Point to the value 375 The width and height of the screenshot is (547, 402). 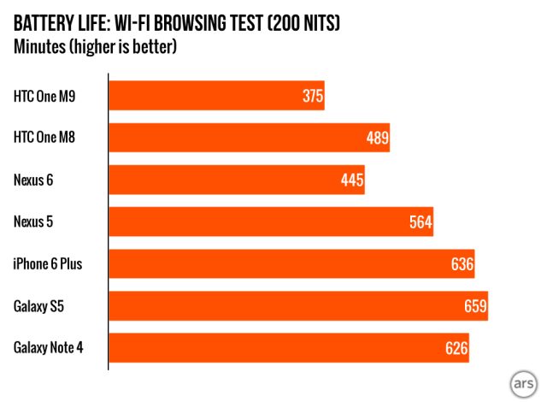click(x=313, y=96)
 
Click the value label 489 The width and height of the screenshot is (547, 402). click(x=378, y=138)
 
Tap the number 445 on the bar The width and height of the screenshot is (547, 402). click(x=352, y=180)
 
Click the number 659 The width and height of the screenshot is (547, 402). click(x=475, y=305)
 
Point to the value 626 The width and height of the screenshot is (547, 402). click(x=456, y=347)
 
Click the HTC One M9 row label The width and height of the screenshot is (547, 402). click(x=49, y=96)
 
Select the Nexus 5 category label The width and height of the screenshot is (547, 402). click(x=35, y=222)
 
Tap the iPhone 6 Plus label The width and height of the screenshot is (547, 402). click(x=48, y=263)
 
